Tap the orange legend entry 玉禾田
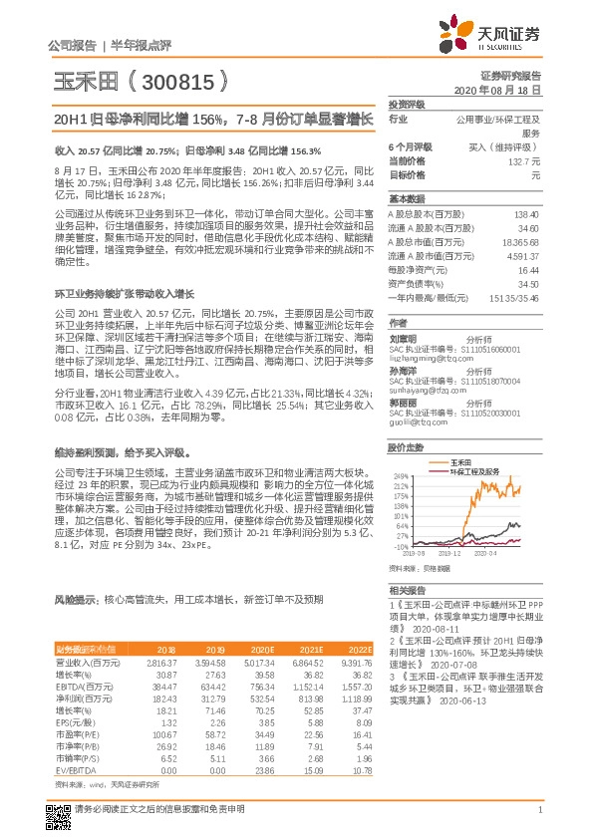[x=460, y=463]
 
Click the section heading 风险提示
[x=76, y=600]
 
